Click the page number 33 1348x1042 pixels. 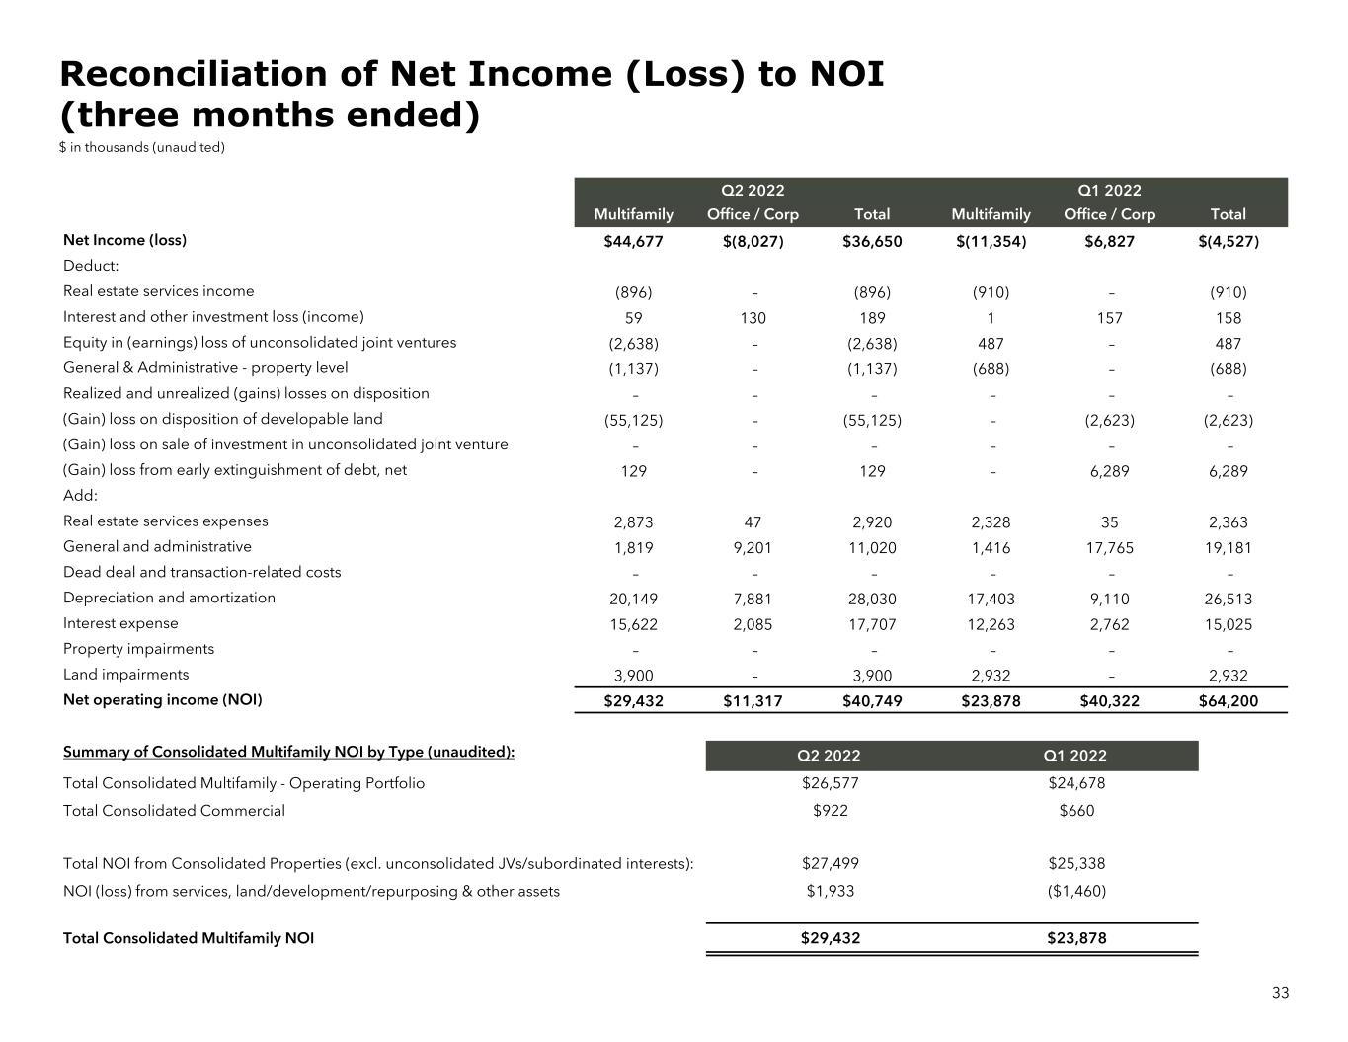point(1280,993)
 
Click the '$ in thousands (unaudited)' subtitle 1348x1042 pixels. point(142,147)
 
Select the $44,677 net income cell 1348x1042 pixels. point(633,241)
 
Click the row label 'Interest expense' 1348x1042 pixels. point(120,623)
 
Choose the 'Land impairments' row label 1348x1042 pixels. point(125,675)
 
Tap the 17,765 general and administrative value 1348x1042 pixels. point(1109,548)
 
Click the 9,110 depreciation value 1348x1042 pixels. point(1109,599)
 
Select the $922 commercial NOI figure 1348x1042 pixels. point(830,811)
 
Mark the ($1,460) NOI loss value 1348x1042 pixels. point(1075,891)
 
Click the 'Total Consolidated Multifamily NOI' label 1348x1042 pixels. point(189,938)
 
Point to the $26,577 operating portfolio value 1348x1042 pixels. point(830,783)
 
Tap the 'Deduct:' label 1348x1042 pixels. point(91,266)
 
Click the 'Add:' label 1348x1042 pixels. point(80,496)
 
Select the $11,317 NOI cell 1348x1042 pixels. point(753,701)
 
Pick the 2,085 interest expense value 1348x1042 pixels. point(753,624)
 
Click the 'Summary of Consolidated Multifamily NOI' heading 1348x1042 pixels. point(288,752)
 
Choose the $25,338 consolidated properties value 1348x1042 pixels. point(1075,863)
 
